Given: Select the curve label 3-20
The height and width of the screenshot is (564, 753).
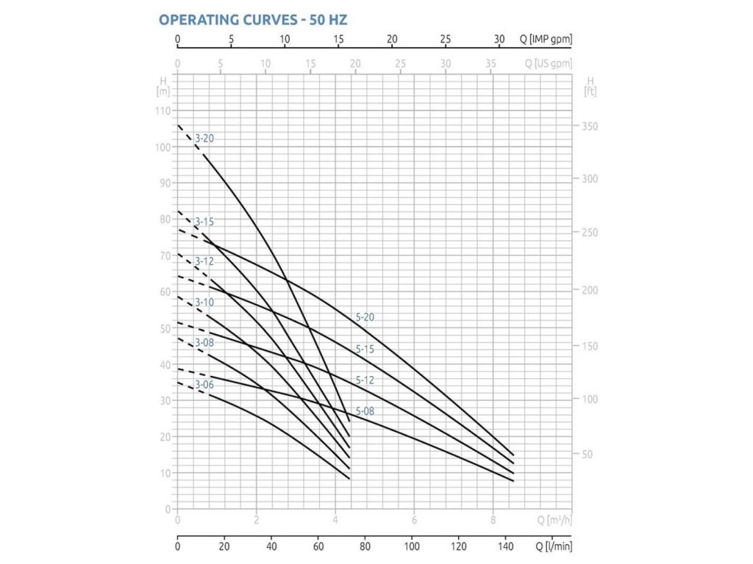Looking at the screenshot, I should coord(204,138).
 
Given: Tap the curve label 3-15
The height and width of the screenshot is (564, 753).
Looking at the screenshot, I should coord(204,221).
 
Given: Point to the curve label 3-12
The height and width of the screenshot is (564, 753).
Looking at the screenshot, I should coord(204,261).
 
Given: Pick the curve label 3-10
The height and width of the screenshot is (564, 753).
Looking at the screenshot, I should coord(204,303).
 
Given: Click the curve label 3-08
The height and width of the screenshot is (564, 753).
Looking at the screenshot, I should coord(204,343).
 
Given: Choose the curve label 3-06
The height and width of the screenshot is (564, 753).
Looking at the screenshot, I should coord(204,384).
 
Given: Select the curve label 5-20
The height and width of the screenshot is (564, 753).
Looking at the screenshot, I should coord(365,317).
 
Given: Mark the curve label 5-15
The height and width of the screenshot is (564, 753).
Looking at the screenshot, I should coord(365,350).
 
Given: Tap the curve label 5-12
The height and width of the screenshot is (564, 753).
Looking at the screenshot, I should coord(365,380).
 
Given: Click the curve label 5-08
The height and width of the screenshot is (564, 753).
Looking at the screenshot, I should coord(365,411).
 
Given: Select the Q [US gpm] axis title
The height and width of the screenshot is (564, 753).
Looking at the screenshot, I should coord(548,64).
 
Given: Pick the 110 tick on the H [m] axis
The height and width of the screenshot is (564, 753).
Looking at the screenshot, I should coord(163,111).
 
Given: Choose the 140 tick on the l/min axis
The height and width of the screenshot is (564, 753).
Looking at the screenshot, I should coord(506,546).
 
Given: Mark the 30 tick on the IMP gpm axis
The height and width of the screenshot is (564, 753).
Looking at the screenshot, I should coord(499,39).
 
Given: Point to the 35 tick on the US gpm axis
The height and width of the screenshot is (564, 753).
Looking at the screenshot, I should coord(490,64).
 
